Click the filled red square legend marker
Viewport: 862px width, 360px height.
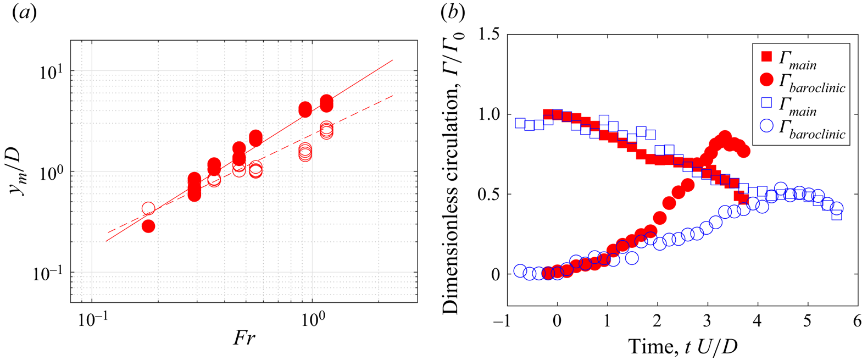click(766, 56)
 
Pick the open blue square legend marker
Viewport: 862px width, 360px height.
click(766, 103)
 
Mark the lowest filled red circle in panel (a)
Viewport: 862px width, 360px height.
click(148, 226)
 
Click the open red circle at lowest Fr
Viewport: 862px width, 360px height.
click(148, 208)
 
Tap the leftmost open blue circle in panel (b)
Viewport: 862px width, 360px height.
click(520, 270)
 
